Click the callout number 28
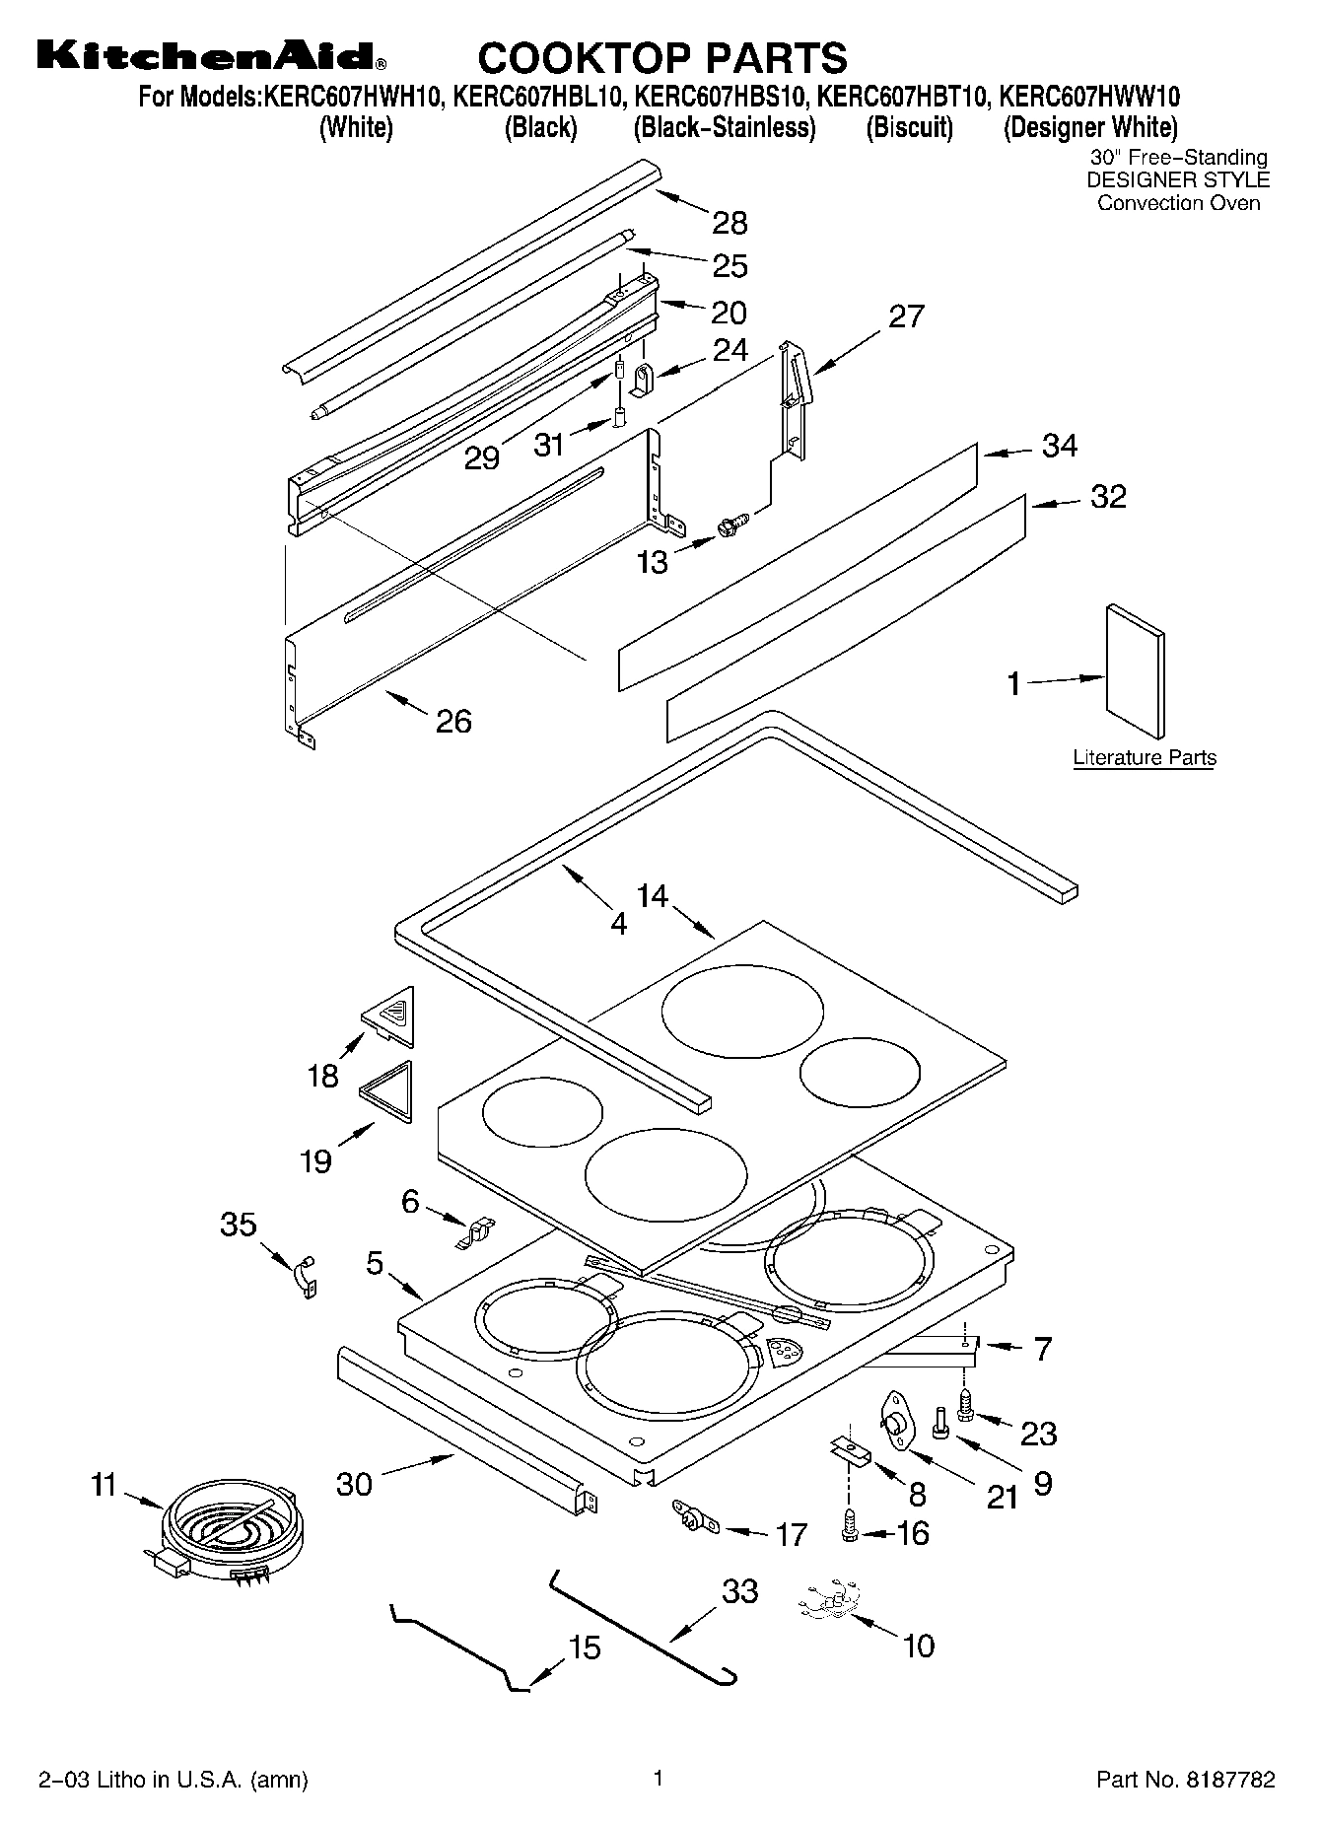click(x=729, y=223)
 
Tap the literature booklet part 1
click(x=1135, y=670)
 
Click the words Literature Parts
click(x=1144, y=757)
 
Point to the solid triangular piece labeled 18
click(x=389, y=1015)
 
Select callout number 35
click(x=239, y=1225)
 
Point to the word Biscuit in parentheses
click(x=909, y=127)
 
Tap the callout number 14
click(x=653, y=896)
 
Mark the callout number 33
click(x=739, y=1590)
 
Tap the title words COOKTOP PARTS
click(x=661, y=58)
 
